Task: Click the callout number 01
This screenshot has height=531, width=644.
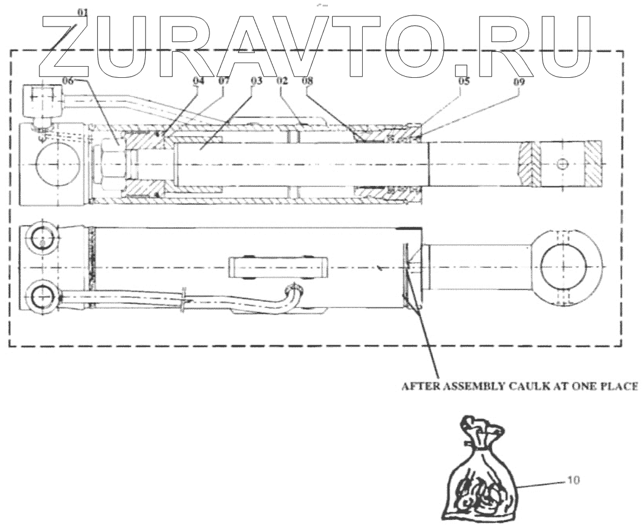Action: [x=82, y=12]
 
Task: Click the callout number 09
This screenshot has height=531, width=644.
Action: [x=518, y=83]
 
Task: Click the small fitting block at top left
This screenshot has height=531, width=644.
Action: [x=41, y=101]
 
